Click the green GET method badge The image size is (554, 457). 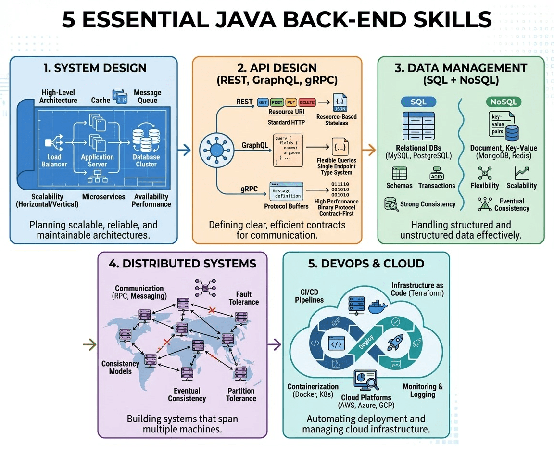pyautogui.click(x=263, y=102)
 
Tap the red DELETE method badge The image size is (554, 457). pyautogui.click(x=307, y=102)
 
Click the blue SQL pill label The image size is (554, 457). pyautogui.click(x=418, y=102)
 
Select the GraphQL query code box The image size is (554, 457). pyautogui.click(x=289, y=150)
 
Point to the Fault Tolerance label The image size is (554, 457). pyautogui.click(x=247, y=298)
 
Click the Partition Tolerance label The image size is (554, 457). pyautogui.click(x=241, y=394)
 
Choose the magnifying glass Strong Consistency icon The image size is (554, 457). pyautogui.click(x=391, y=204)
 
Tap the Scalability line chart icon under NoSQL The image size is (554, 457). pyautogui.click(x=521, y=173)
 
